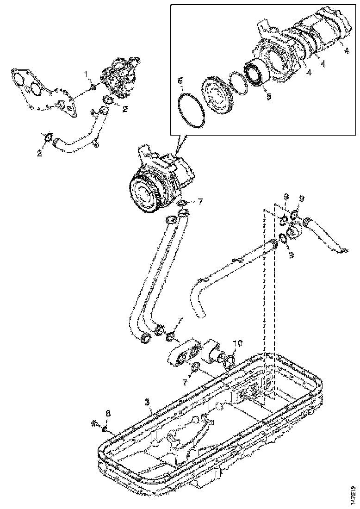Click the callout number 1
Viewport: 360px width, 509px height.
(x=86, y=74)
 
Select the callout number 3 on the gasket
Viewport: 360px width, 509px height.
(x=147, y=402)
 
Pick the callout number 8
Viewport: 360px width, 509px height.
(x=107, y=413)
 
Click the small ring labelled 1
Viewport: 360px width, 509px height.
(x=93, y=87)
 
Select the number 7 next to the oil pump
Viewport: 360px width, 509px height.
(x=200, y=201)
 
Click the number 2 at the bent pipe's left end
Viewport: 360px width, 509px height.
(x=39, y=152)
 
